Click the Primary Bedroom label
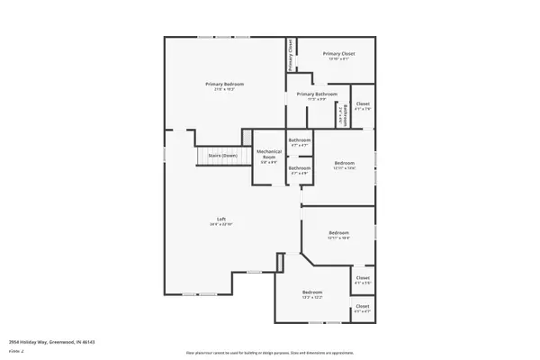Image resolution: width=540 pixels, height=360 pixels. tap(225, 84)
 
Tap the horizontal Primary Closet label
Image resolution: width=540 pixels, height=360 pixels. tap(337, 54)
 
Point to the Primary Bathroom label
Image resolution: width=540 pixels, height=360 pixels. tap(317, 94)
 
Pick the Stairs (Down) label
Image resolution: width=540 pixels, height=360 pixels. tap(222, 156)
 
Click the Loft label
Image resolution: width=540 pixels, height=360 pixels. tap(220, 219)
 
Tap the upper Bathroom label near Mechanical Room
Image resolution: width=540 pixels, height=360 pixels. tap(300, 140)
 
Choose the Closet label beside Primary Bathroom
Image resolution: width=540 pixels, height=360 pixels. tap(363, 104)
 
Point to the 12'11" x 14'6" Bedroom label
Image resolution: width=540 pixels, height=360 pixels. tap(345, 162)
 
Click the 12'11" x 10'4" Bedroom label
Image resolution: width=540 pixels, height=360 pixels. tap(338, 232)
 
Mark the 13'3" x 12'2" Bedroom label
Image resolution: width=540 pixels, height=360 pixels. tap(312, 292)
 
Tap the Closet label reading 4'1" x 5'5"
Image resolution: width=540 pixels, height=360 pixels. tap(363, 278)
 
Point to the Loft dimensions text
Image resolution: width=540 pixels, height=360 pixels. tap(220, 224)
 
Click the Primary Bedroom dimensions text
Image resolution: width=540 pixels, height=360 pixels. tap(225, 89)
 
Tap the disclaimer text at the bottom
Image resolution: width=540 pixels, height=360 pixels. tap(270, 353)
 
